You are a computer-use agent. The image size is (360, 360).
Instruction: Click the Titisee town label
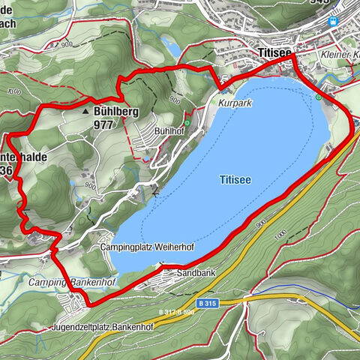coord(274,53)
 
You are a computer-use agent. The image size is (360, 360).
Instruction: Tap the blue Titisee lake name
coord(235,180)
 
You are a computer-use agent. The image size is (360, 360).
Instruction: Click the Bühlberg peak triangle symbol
coord(85,109)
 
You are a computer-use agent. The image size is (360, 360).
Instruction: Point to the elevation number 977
coord(104,125)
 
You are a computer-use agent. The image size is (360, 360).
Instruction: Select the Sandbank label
coord(196,274)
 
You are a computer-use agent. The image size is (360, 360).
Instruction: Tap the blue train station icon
coord(331,42)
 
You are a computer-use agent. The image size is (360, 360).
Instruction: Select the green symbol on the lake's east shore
coord(318,97)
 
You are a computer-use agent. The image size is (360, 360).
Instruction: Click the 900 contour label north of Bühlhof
coord(175,98)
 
